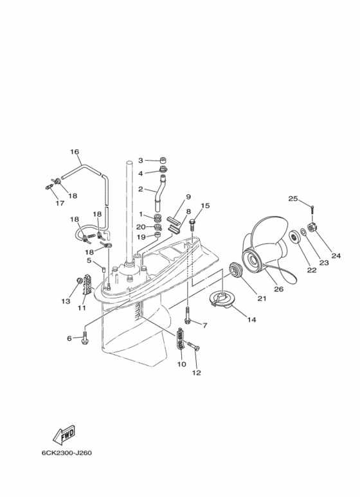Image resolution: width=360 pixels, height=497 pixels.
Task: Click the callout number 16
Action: click(x=75, y=152)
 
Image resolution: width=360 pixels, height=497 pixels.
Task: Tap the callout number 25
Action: click(x=292, y=199)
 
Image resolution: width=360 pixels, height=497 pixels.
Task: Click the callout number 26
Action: click(x=278, y=289)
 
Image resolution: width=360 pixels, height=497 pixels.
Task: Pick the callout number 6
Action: click(x=69, y=338)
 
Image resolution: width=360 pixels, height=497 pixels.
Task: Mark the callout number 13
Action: click(x=66, y=301)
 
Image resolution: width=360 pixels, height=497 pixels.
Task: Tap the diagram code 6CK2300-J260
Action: click(x=67, y=453)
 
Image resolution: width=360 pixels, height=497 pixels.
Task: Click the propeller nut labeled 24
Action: click(x=312, y=227)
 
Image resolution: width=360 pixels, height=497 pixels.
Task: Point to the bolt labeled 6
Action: click(x=85, y=338)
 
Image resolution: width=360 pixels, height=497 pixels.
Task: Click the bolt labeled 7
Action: click(x=187, y=316)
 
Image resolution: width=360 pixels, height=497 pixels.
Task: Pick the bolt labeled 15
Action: click(x=192, y=222)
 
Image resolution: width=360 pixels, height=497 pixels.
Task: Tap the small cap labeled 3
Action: click(x=163, y=160)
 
